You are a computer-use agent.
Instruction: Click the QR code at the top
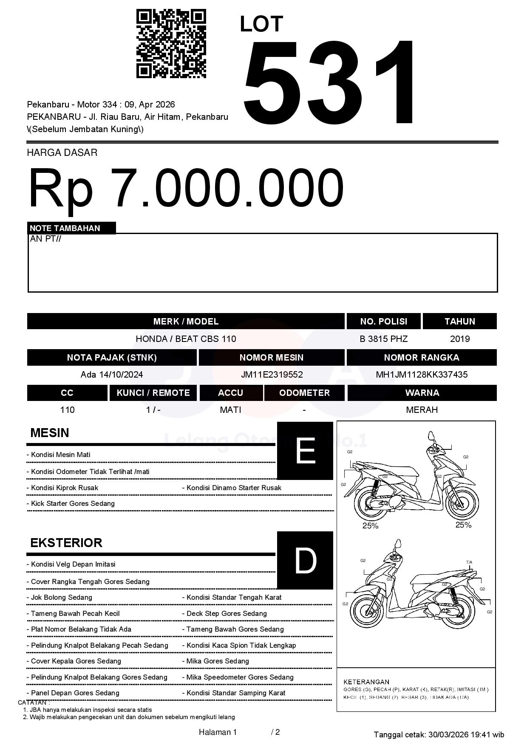[171, 44]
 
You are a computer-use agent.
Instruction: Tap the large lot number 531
[329, 83]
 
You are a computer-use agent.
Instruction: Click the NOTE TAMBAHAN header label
[65, 228]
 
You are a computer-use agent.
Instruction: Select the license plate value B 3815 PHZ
[383, 339]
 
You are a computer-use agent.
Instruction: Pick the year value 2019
[459, 339]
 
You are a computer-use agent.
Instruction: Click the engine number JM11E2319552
[272, 375]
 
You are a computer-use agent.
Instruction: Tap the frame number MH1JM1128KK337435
[422, 375]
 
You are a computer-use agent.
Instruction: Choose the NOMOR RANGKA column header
[421, 358]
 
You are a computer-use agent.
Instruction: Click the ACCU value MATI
[230, 410]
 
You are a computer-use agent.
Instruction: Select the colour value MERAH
[422, 410]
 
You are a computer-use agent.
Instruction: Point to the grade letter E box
[305, 451]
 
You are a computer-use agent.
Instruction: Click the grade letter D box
[305, 560]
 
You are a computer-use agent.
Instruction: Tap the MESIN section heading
[50, 433]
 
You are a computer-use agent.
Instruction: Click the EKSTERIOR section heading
[66, 543]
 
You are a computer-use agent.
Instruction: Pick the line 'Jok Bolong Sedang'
[62, 597]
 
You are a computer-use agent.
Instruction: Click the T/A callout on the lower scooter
[469, 562]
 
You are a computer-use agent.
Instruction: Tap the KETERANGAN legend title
[366, 682]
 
